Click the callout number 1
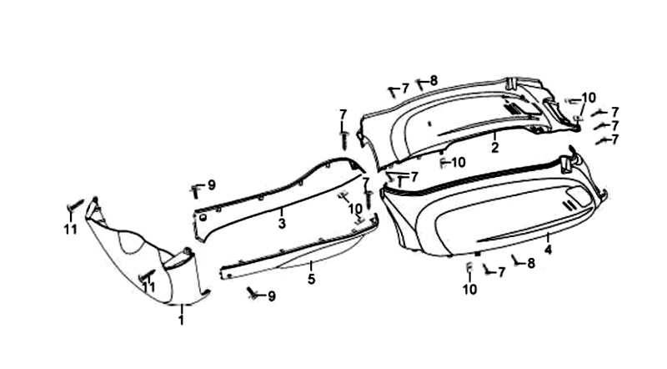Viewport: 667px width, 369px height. click(x=181, y=321)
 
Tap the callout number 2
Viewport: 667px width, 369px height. click(x=494, y=148)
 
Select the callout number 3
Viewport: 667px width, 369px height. click(x=282, y=223)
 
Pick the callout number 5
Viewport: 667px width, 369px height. click(x=311, y=278)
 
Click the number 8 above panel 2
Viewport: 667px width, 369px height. click(x=434, y=81)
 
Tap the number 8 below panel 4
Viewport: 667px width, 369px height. click(x=530, y=263)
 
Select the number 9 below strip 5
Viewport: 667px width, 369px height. click(x=271, y=296)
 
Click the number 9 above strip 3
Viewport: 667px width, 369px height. click(x=211, y=184)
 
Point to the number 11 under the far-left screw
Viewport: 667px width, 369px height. click(x=70, y=229)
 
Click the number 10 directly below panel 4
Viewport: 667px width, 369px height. click(x=469, y=290)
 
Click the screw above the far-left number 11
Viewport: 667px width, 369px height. click(x=72, y=205)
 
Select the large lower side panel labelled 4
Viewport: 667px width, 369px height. click(x=492, y=221)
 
